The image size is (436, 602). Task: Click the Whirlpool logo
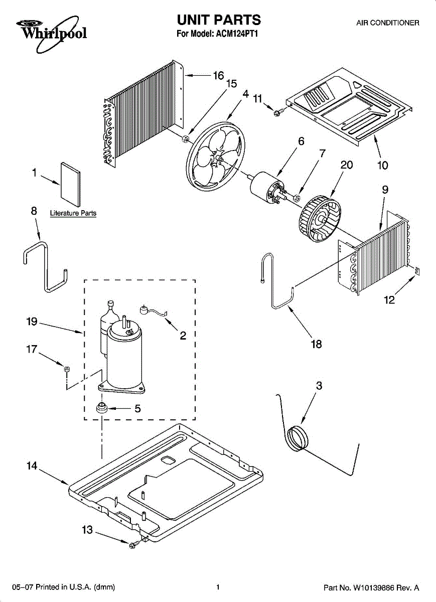[x=48, y=31]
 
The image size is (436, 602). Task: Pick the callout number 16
[x=218, y=76]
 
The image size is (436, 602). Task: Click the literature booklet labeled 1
[x=70, y=184]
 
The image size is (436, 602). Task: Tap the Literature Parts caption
[x=73, y=213]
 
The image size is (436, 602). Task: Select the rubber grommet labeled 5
[x=102, y=407]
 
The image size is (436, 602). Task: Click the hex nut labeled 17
[x=66, y=369]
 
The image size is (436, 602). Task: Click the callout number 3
[x=319, y=386]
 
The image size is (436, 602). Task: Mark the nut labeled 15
[x=185, y=138]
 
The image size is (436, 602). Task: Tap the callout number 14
[x=32, y=466]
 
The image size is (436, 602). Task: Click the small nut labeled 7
[x=297, y=199]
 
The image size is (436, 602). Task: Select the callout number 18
[x=316, y=344]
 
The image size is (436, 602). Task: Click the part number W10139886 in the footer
[x=378, y=587]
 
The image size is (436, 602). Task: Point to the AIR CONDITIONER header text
[x=387, y=23]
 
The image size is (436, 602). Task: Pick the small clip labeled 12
[x=416, y=271]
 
